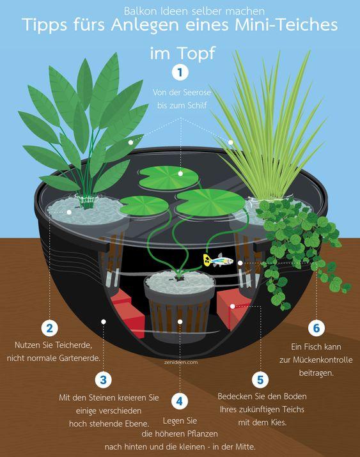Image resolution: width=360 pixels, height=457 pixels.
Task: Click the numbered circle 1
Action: pos(180,72)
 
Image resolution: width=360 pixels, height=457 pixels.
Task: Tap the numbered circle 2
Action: pos(49,328)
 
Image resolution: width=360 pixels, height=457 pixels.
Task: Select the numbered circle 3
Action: pos(103,380)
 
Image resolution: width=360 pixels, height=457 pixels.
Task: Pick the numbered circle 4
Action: pos(180,401)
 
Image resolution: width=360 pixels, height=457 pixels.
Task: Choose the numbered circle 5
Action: pos(260,380)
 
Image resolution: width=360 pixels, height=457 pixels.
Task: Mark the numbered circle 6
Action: pos(317,328)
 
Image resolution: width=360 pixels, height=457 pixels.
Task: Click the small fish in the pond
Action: pos(218,259)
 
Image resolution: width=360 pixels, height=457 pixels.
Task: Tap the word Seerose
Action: pos(196,93)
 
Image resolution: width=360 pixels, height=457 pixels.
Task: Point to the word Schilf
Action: pos(197,105)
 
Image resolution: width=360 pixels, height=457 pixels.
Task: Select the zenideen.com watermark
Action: pos(181,362)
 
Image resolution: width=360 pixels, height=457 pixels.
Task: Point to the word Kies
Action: pos(278,422)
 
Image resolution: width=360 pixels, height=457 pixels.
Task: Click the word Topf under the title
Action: pos(197,53)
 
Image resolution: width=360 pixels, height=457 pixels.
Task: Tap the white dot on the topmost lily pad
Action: pos(180,173)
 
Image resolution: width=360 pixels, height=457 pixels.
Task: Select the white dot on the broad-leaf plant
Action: pos(130,143)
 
